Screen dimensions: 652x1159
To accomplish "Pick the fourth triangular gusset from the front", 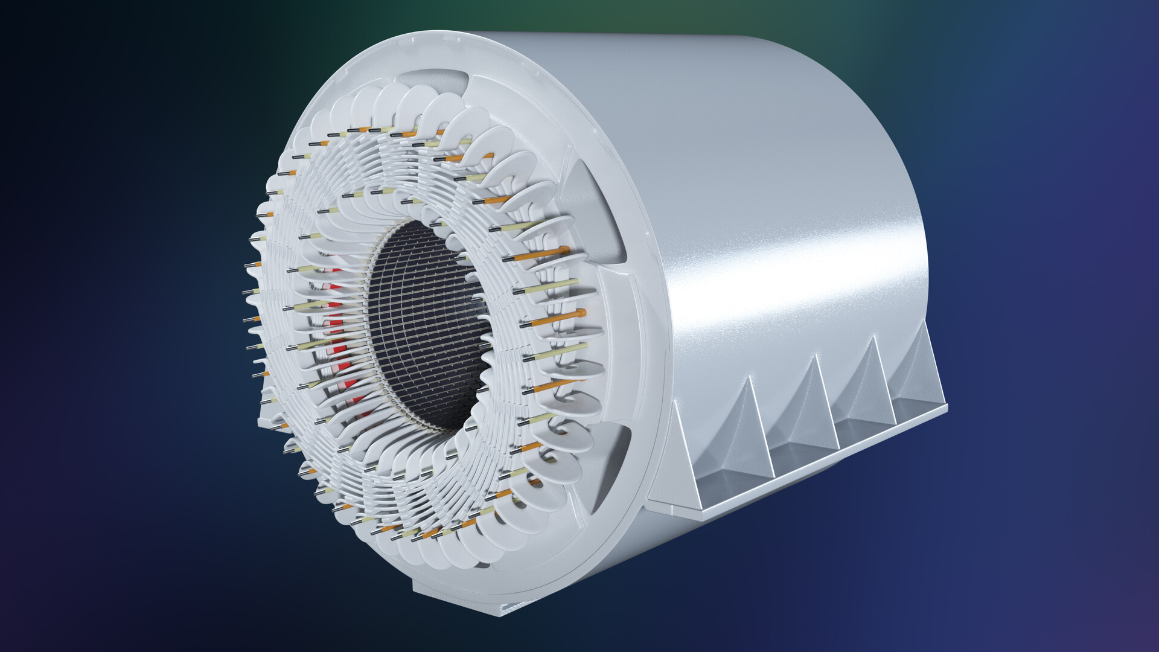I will point(869,383).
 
